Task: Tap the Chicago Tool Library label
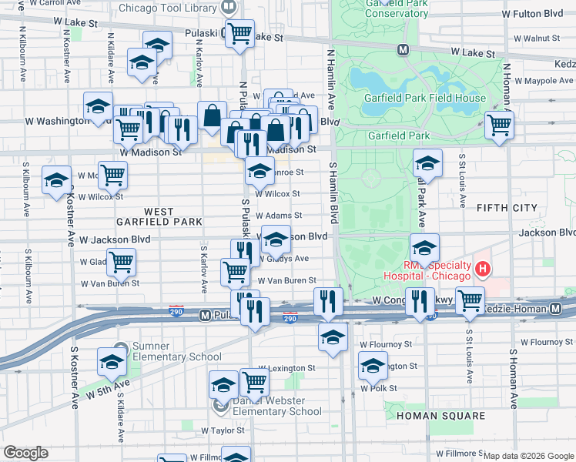pos(169,8)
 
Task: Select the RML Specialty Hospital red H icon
pos(483,269)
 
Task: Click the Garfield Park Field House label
pos(426,98)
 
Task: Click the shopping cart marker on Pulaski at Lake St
pos(239,32)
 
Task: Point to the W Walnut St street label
pos(536,38)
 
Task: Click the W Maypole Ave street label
pos(540,80)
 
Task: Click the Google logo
pos(25,453)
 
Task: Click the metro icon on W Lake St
pos(402,50)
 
